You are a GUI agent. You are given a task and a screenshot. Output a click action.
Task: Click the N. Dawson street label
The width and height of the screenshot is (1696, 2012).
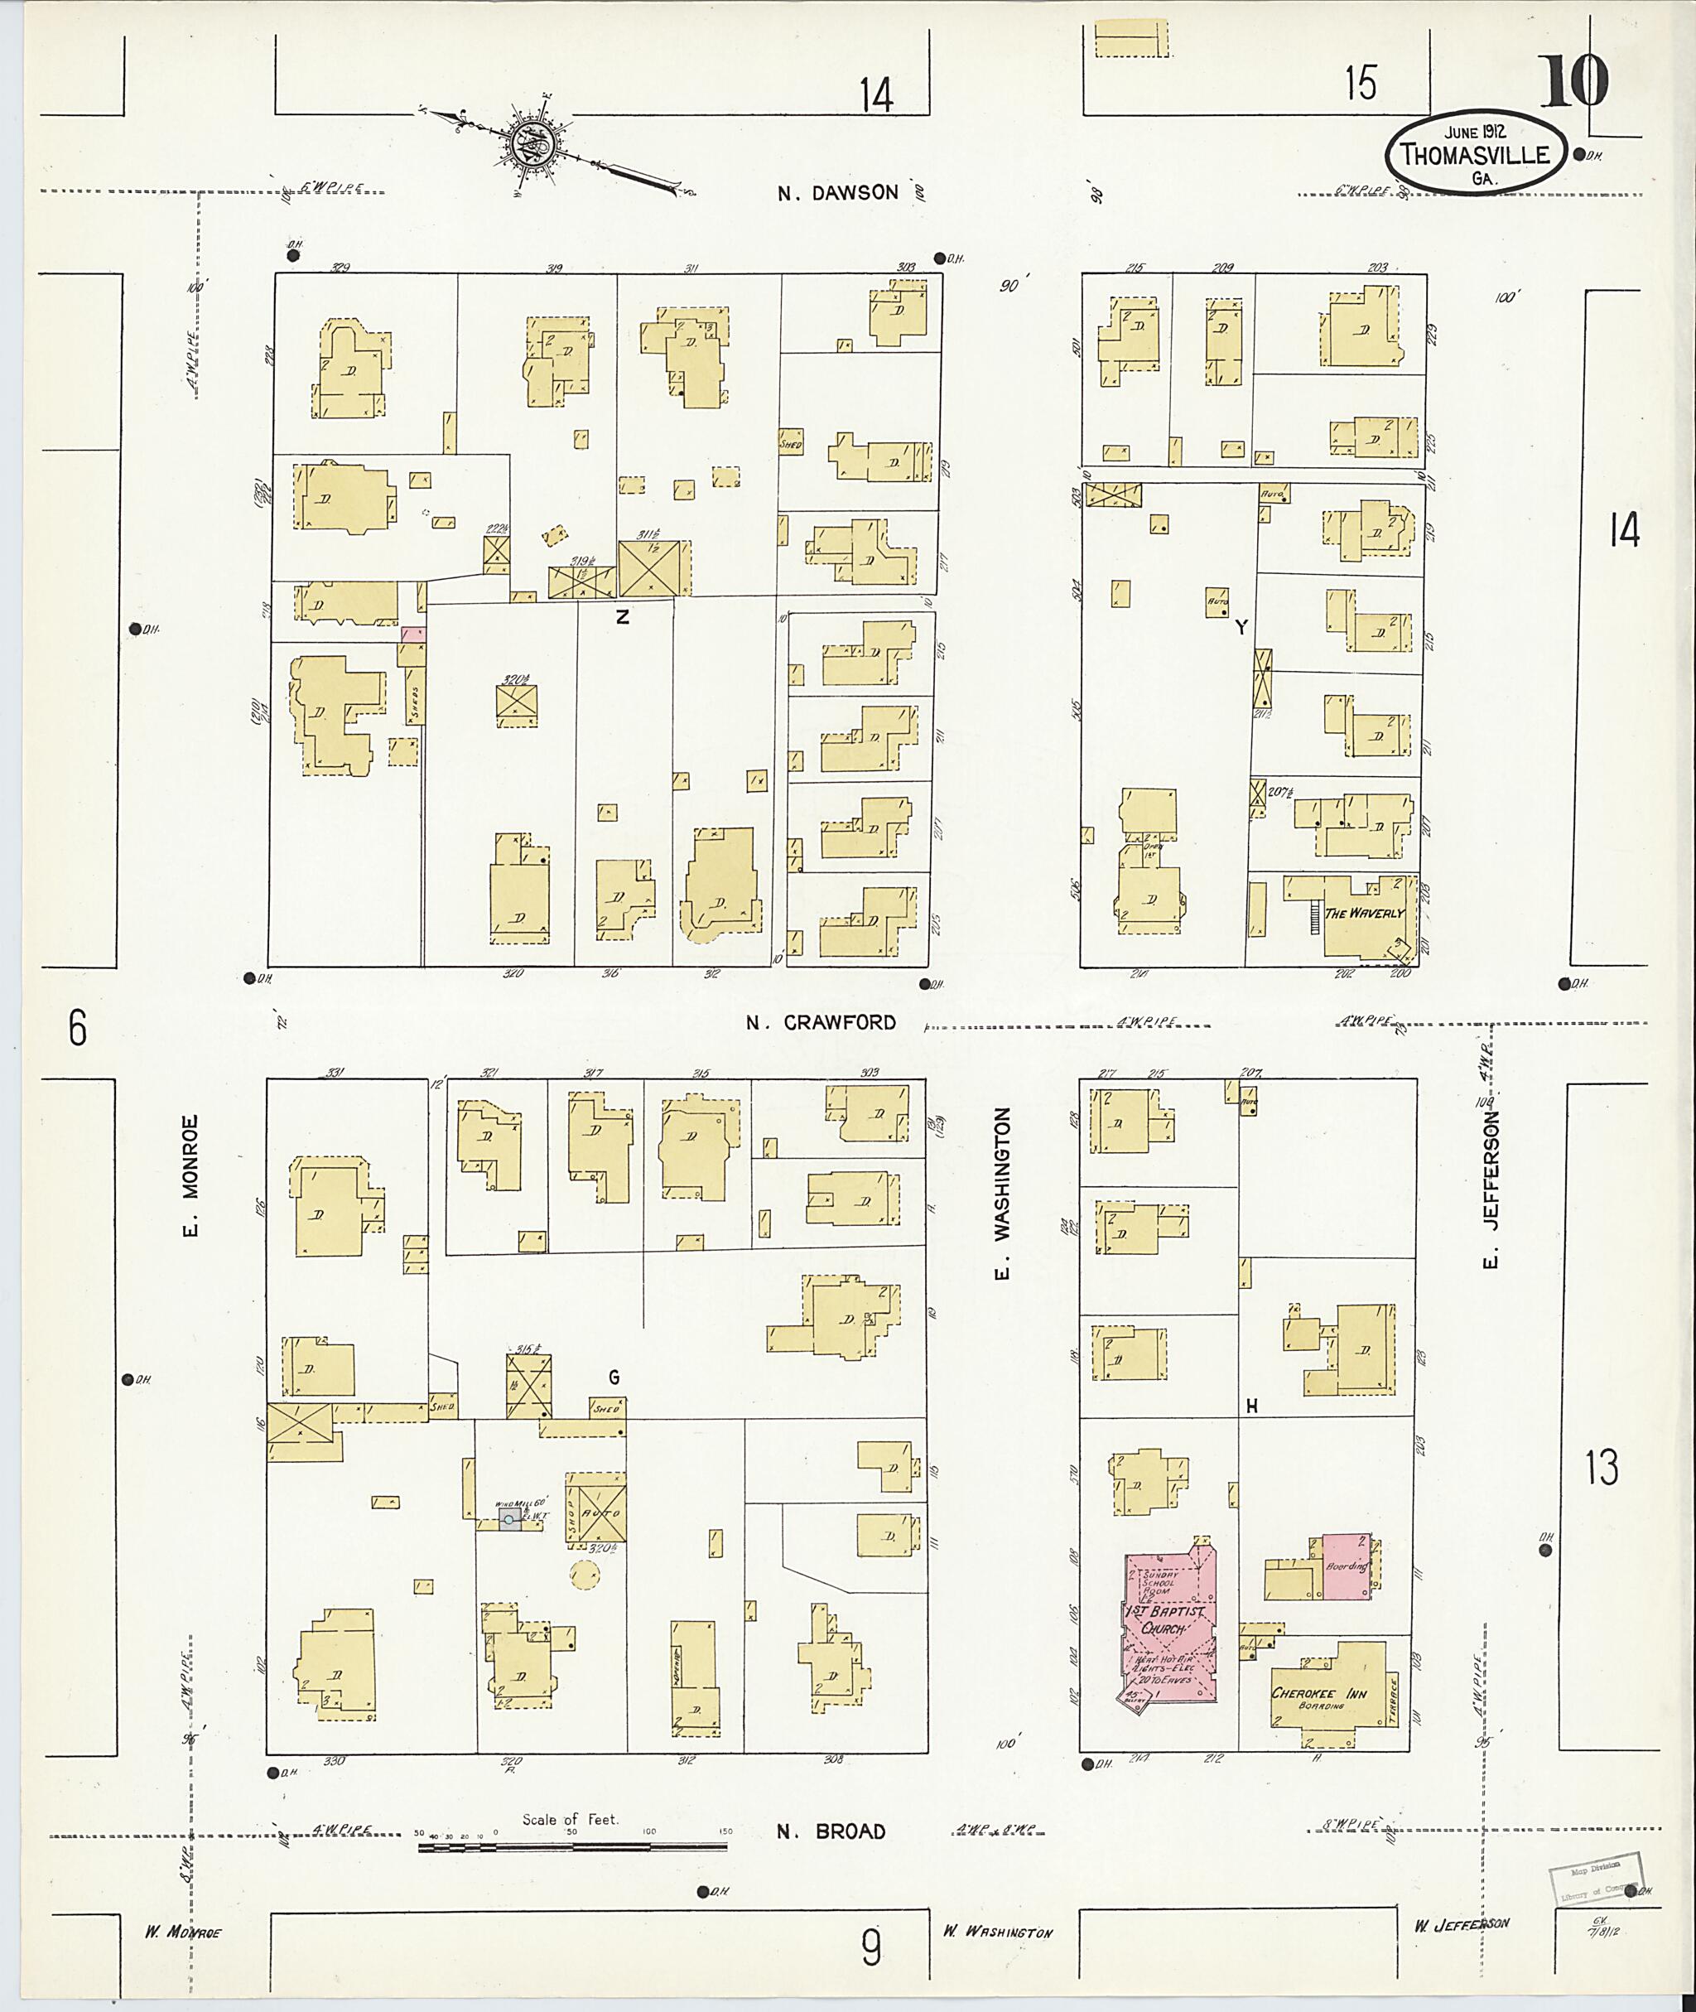(x=837, y=192)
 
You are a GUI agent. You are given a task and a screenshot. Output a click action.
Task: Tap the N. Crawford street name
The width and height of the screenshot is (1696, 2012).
(x=821, y=1022)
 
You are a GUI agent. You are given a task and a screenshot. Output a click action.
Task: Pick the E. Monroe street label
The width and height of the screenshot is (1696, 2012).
(x=190, y=1175)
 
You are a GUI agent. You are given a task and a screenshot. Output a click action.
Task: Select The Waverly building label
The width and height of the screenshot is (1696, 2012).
(x=1364, y=913)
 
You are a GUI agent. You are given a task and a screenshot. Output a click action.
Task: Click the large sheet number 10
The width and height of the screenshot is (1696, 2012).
(x=1575, y=84)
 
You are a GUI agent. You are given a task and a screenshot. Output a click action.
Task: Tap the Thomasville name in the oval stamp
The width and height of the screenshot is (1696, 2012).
(x=1474, y=155)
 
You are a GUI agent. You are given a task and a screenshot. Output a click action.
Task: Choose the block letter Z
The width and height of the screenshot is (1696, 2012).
(x=623, y=617)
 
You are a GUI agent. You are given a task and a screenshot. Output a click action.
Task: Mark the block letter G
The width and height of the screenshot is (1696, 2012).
(x=614, y=1378)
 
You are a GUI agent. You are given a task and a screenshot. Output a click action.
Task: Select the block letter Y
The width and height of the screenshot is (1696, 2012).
(x=1241, y=627)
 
